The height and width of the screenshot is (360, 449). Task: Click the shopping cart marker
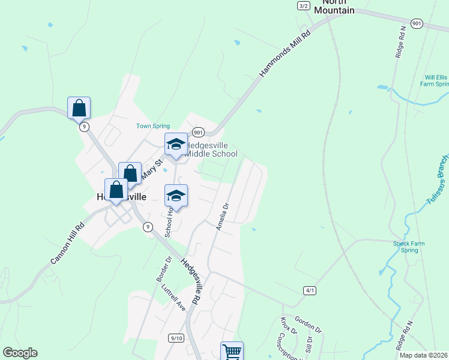[x=232, y=352]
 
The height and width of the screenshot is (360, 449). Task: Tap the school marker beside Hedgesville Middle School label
[x=176, y=145]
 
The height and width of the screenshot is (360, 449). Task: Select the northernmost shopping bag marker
[x=79, y=109]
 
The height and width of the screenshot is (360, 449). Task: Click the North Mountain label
[x=334, y=7]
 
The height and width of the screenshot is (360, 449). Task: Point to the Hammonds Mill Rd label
[x=286, y=54]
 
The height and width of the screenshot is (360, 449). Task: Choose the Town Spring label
[x=153, y=126]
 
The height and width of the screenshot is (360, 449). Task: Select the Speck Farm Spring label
[x=409, y=247]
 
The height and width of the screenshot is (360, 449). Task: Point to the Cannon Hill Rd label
[x=66, y=244]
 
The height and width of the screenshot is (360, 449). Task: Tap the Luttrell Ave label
[x=173, y=297]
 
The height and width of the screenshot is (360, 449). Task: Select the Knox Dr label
[x=288, y=326]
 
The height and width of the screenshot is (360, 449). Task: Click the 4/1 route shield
[x=310, y=290]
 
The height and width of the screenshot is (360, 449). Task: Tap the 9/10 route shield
[x=176, y=338]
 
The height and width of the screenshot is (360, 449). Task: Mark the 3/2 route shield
[x=303, y=5]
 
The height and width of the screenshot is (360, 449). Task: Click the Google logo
[x=20, y=353]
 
